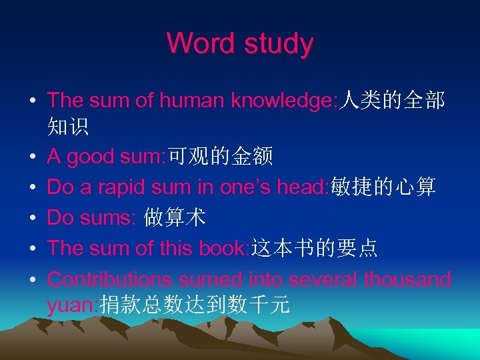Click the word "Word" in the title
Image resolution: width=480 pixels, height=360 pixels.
[192, 43]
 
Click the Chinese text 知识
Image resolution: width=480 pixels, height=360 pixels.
[68, 125]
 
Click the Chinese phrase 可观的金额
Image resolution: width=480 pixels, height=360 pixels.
[220, 157]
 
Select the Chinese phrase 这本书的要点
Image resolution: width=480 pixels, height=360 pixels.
[314, 248]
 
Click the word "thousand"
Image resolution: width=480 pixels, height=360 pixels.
[407, 279]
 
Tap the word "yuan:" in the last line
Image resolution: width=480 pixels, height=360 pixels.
[73, 305]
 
